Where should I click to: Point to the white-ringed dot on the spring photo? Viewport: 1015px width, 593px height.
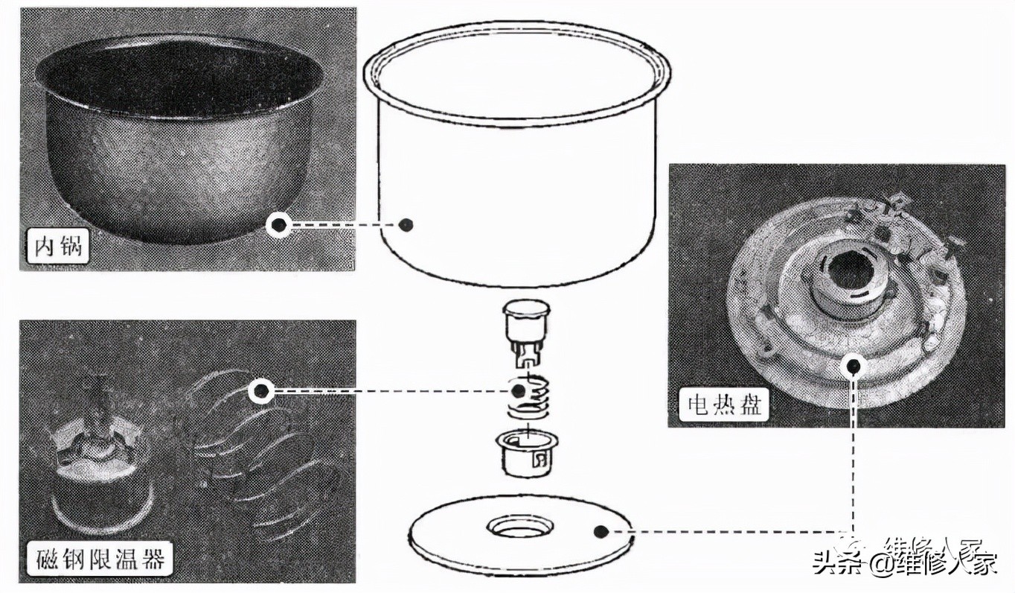coord(260,390)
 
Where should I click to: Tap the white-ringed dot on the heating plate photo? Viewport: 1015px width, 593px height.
coord(854,365)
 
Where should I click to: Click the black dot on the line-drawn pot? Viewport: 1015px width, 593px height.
coord(405,224)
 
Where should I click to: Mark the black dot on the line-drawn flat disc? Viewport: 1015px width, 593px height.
coord(601,531)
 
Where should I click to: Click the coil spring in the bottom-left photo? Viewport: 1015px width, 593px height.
coord(253,462)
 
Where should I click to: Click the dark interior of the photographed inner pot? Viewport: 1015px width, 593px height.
coord(179,74)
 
